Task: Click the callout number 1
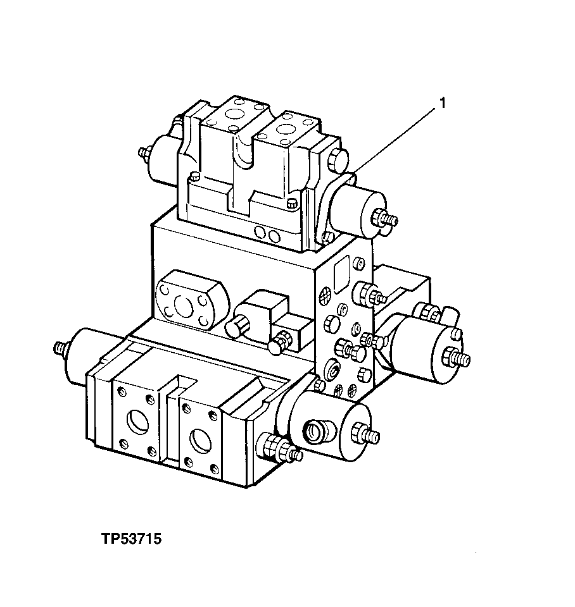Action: point(443,104)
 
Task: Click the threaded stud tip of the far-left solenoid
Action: point(60,348)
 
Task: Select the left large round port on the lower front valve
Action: point(136,422)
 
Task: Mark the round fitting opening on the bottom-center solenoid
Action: point(314,432)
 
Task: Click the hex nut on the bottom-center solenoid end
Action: point(365,434)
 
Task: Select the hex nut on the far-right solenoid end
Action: point(454,357)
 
